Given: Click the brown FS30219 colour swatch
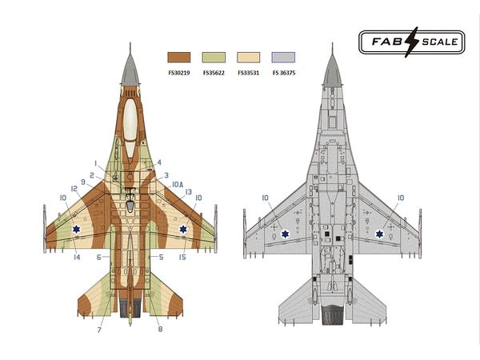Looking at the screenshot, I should (178, 58).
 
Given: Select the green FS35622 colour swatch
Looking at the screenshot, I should (214, 58).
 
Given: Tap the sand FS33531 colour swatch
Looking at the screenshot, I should (249, 58).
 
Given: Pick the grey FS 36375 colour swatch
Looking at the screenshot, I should (284, 58).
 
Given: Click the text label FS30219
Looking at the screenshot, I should (178, 73).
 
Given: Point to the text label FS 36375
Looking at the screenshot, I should (284, 73).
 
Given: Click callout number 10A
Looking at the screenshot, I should (178, 184).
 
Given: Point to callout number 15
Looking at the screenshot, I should (182, 257).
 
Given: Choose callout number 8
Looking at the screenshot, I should (160, 330).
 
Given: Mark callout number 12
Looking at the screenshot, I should (74, 189).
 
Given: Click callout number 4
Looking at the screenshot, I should (159, 162).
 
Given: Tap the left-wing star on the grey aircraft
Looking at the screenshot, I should (286, 234).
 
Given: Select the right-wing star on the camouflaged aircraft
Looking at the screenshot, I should (183, 231).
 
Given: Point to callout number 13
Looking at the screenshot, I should (189, 192).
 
